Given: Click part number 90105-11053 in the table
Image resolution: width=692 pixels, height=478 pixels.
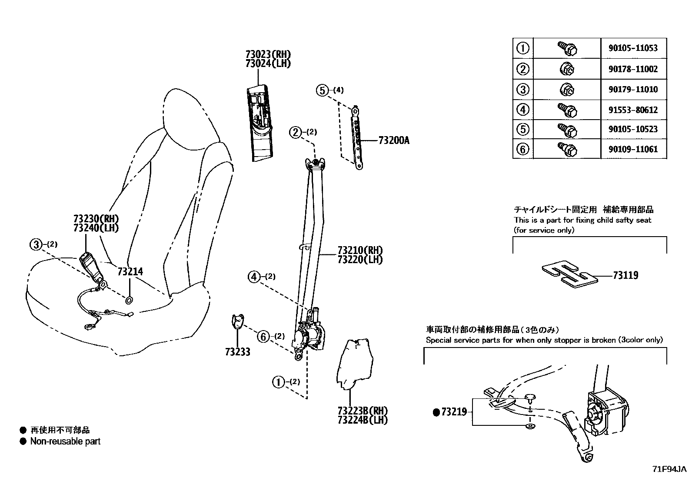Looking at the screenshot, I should (633, 48).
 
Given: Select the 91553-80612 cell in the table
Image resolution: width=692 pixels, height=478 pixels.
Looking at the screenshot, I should (633, 110).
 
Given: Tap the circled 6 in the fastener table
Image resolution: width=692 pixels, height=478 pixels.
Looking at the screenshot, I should (522, 149).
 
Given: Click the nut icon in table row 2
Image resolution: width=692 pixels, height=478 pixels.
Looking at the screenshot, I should (566, 69).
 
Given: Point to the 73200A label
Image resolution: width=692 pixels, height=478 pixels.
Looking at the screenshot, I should (393, 140).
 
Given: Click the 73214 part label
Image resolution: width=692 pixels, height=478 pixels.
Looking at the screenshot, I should (130, 272).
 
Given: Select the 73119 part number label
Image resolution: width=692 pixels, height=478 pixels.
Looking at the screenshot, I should (625, 275).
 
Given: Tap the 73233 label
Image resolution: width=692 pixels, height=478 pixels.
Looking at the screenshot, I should (238, 352).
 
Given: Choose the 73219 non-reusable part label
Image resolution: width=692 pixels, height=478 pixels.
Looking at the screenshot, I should (454, 412).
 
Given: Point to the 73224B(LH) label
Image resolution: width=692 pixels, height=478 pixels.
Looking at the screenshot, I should (362, 420).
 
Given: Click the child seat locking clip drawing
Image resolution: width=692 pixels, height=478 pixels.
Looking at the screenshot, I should (569, 274).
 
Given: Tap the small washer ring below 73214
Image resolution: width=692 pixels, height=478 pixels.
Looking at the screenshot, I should (130, 300).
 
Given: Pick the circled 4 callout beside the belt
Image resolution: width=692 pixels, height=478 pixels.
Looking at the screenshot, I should (254, 276).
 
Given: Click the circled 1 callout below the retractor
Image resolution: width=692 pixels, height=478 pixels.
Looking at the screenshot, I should (278, 382).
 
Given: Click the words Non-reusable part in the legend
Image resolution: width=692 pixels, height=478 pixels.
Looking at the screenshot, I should (65, 441).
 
